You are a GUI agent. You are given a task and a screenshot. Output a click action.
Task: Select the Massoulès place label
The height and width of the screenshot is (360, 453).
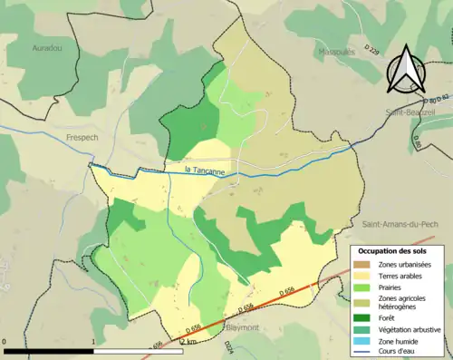336,52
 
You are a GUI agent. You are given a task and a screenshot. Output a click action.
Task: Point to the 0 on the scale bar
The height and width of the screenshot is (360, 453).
5,342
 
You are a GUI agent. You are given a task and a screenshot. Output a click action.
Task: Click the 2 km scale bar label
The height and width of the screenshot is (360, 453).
188,342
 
